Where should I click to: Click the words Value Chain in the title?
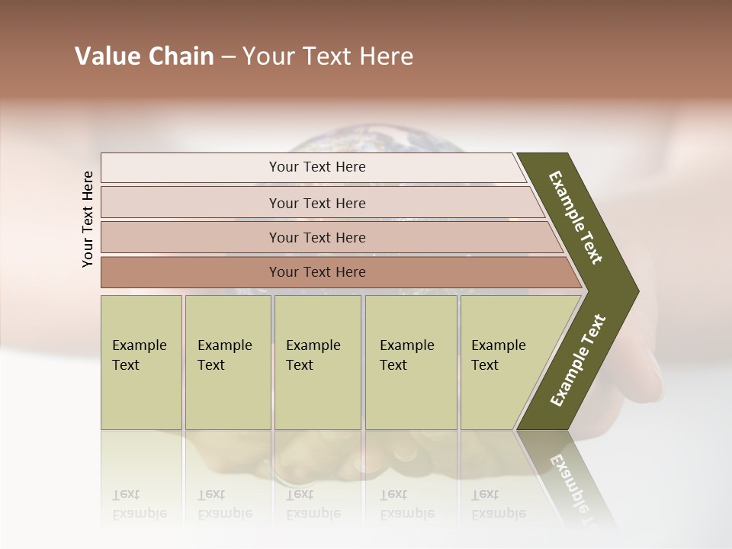(144, 56)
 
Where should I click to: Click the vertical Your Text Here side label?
(88, 219)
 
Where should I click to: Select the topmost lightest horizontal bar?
(313, 167)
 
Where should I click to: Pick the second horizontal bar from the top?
(320, 203)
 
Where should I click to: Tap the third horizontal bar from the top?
(328, 237)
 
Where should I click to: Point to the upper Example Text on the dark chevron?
(576, 217)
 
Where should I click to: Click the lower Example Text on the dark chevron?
(577, 361)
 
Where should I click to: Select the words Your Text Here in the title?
(328, 56)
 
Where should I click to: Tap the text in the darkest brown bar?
(317, 272)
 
